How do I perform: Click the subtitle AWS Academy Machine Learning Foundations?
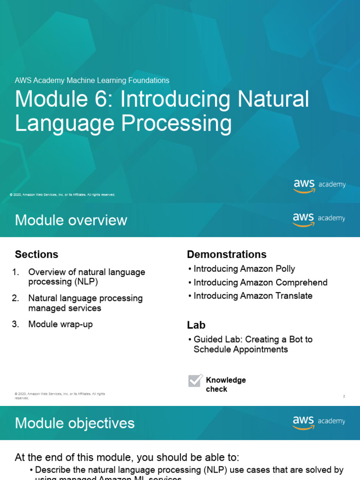click(92, 81)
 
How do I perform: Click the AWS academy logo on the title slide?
click(319, 185)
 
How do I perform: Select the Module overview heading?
click(71, 220)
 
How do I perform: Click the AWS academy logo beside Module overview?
click(319, 219)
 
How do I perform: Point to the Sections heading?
click(37, 255)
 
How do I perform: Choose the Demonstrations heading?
click(226, 255)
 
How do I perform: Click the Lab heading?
click(196, 325)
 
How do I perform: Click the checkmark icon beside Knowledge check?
click(195, 380)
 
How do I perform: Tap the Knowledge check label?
click(225, 384)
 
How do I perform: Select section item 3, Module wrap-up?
click(60, 324)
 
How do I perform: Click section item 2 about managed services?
click(85, 303)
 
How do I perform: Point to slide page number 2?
click(344, 397)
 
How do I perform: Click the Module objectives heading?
click(75, 423)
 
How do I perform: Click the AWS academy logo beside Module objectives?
click(319, 422)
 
